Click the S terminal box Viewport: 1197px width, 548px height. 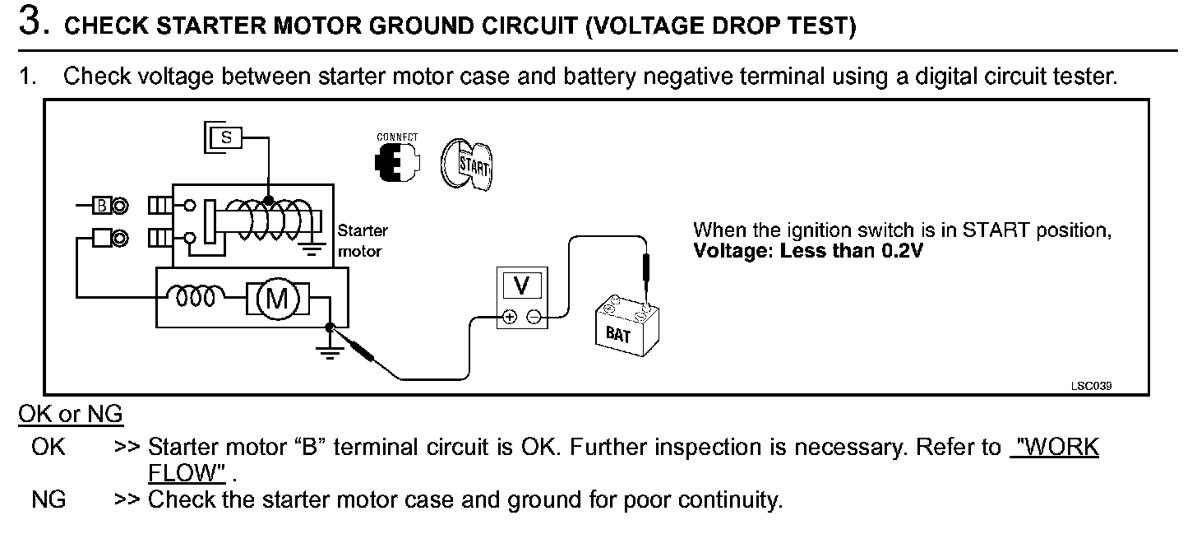[226, 138]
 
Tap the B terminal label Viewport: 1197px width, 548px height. [101, 206]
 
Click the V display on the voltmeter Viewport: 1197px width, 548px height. [520, 286]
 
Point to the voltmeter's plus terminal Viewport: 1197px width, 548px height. [510, 316]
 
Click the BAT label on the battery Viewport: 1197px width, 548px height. [617, 335]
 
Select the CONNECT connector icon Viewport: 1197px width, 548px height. [395, 162]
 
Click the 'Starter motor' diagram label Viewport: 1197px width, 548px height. [362, 241]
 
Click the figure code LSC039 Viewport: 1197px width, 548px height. [1096, 385]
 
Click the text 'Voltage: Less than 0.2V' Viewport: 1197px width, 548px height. [808, 251]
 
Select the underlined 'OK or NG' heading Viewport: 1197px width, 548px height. [71, 414]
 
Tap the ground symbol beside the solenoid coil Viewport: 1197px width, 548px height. [312, 248]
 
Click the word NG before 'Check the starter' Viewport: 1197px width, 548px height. [49, 499]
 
